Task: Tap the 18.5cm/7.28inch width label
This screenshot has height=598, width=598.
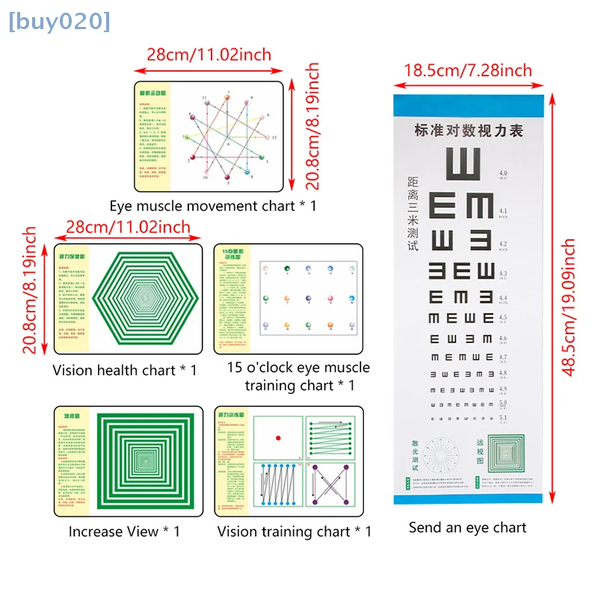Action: pyautogui.click(x=468, y=70)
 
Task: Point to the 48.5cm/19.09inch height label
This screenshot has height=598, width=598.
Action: pyautogui.click(x=569, y=307)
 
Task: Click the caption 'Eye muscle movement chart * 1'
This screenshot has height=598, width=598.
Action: pyautogui.click(x=212, y=205)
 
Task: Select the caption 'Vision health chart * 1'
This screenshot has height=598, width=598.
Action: pyautogui.click(x=125, y=370)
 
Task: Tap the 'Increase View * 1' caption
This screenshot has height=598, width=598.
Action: pyautogui.click(x=124, y=531)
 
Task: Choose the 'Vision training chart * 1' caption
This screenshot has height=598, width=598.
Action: pyautogui.click(x=294, y=531)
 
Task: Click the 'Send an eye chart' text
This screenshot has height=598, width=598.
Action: pyautogui.click(x=467, y=527)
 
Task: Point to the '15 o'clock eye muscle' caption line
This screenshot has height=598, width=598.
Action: pyautogui.click(x=298, y=368)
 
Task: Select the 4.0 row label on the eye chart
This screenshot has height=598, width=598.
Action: pyautogui.click(x=503, y=173)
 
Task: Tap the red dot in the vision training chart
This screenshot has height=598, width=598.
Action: pyautogui.click(x=278, y=437)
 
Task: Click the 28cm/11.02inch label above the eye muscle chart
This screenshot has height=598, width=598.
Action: pyautogui.click(x=209, y=55)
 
